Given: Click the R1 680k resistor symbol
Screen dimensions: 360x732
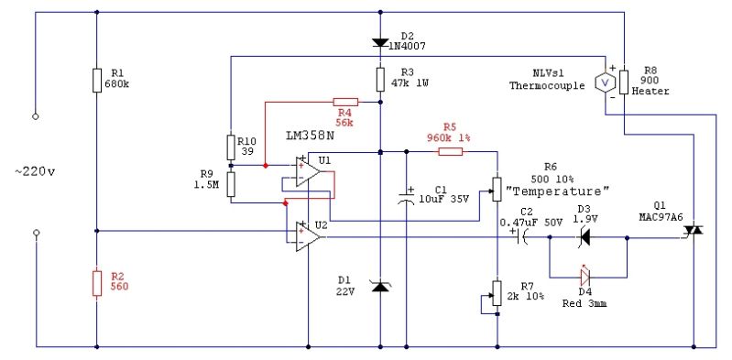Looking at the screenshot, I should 97,81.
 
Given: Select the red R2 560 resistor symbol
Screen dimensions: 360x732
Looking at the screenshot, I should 97,283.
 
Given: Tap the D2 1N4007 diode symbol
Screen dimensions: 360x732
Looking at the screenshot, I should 379,42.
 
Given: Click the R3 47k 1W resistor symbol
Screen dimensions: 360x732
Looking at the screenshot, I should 379,81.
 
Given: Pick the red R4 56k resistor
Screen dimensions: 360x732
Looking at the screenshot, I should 345,103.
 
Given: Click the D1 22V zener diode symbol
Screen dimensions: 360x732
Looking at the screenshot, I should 379,287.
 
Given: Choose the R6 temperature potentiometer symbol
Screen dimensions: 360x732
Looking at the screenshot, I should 497,191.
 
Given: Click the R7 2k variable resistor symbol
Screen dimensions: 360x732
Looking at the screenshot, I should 497,293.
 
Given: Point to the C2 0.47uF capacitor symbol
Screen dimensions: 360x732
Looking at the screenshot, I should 524,237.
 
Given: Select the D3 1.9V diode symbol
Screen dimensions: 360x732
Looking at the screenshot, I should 583,237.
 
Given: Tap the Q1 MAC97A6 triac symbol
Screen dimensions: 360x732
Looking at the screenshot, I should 695,237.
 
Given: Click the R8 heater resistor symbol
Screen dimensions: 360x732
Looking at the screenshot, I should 623,81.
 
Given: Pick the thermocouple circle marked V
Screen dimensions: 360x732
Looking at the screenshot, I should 604,82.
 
